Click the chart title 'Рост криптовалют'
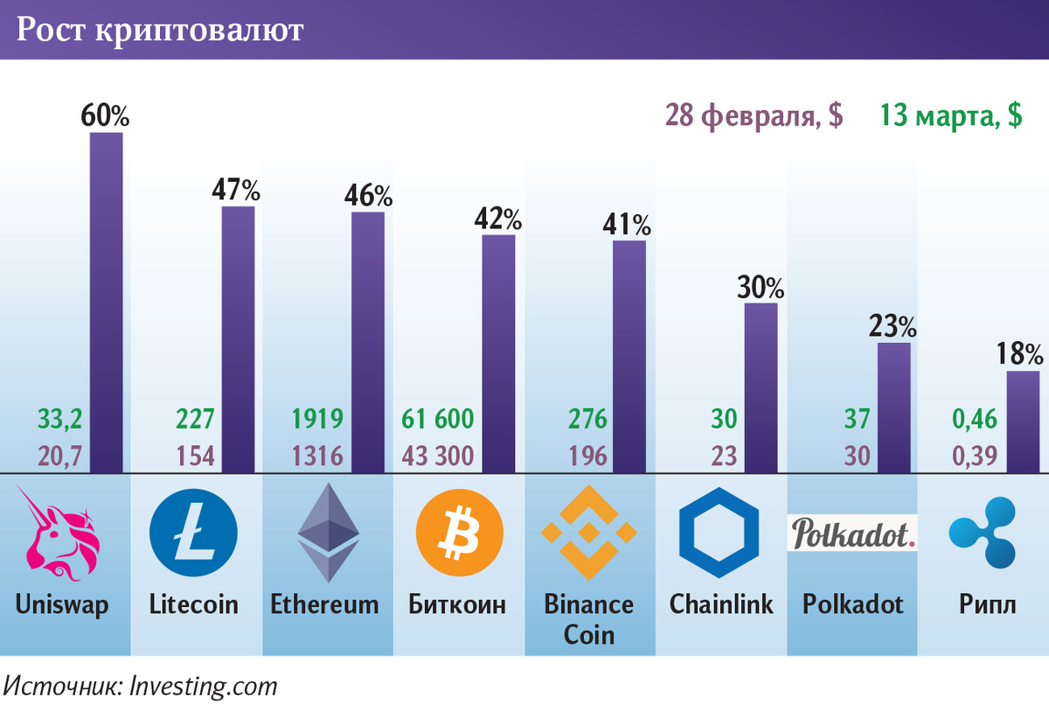(x=160, y=31)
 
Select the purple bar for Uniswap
(x=107, y=302)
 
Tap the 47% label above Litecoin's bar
(x=236, y=189)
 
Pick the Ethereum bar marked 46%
(x=368, y=341)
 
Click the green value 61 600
(x=438, y=420)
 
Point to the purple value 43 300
(x=438, y=456)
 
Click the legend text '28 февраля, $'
(x=754, y=116)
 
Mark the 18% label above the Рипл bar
(x=1019, y=354)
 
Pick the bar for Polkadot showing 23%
(x=893, y=407)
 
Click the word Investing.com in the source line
(x=203, y=685)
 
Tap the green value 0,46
(x=975, y=420)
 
